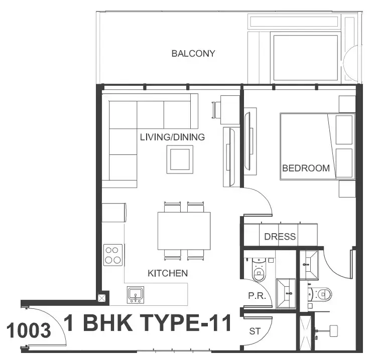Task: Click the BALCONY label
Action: (193, 53)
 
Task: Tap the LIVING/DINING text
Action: (172, 137)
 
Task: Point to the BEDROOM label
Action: (306, 168)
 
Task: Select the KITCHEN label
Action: (168, 273)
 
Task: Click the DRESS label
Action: (280, 237)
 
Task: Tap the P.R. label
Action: (257, 296)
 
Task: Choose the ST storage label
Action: (255, 331)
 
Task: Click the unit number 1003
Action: (29, 330)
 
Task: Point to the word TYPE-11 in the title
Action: (185, 323)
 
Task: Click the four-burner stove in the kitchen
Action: (113, 255)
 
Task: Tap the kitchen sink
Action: (136, 295)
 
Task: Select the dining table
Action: (184, 231)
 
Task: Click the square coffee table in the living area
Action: (180, 159)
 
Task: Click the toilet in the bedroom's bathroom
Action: (321, 294)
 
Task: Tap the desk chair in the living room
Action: (216, 109)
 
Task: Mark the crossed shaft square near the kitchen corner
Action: (102, 298)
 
